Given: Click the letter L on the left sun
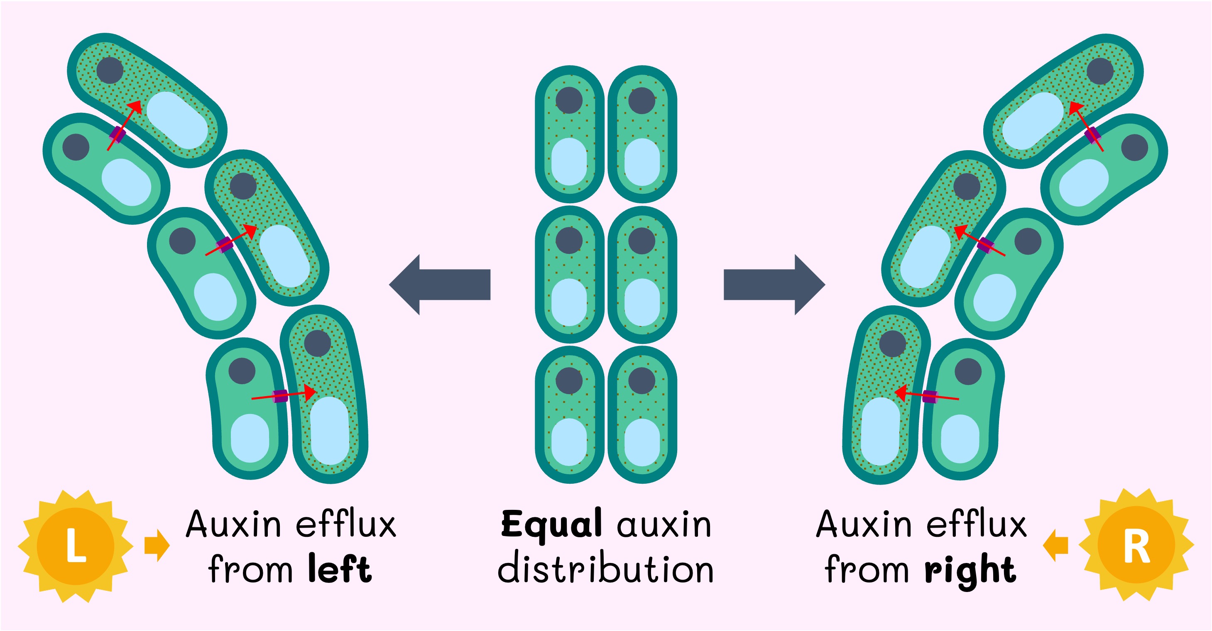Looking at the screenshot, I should coord(75,546).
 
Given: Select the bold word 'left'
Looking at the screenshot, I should coord(340,569).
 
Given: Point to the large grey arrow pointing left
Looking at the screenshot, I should coord(440,285).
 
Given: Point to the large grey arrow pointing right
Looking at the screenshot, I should coord(774,285).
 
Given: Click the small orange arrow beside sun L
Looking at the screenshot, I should coord(157,546).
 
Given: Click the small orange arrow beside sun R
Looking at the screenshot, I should coord(1055,546).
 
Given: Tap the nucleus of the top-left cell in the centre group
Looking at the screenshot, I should coord(569,100).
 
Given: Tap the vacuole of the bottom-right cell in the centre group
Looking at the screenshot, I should coord(642,442).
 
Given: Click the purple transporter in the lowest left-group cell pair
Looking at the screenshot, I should coord(281,396).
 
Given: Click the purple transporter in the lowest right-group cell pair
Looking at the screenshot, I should coord(930,396).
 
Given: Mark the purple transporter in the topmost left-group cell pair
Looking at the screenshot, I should coord(117,135).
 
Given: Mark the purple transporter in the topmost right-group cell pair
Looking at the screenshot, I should coord(1092,135).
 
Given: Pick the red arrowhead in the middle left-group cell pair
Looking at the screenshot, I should coord(251,230).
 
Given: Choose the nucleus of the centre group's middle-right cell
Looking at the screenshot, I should coord(642,241).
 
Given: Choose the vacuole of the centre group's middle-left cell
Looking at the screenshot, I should coord(569,302).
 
